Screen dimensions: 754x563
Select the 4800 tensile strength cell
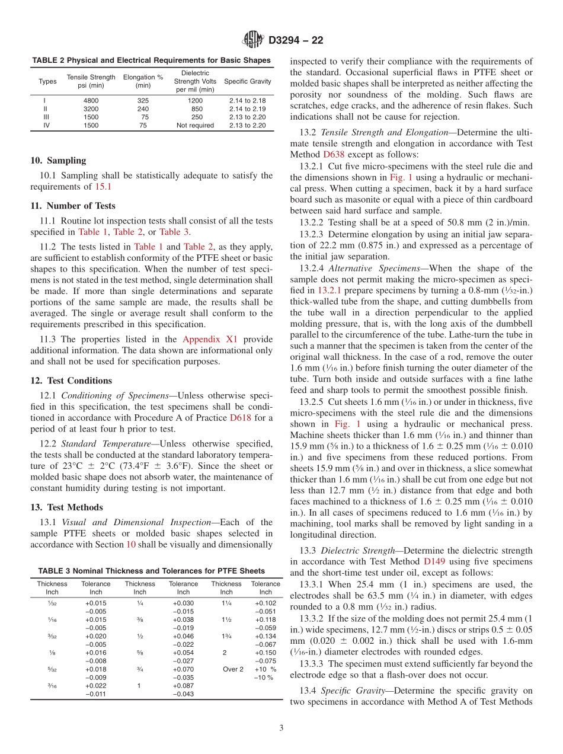tap(91, 101)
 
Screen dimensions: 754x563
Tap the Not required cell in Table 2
tap(195, 126)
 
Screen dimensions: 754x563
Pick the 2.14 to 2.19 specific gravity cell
tap(248, 109)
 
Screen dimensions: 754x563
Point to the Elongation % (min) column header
tap(143, 81)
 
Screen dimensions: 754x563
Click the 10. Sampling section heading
tap(58, 160)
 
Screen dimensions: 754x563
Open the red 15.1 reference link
tap(103, 187)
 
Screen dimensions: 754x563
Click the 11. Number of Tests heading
tap(73, 206)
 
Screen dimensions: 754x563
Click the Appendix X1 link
tap(210, 339)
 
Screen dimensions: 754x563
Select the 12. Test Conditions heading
tap(71, 381)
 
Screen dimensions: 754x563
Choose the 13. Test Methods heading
tap(66, 507)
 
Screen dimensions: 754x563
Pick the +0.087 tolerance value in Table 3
tap(183, 686)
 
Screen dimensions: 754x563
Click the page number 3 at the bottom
tap(281, 729)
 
